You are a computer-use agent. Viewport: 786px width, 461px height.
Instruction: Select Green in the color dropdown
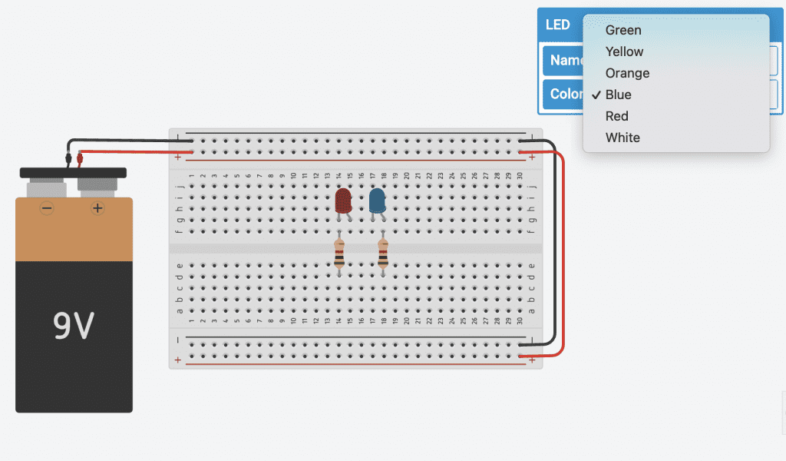coord(623,30)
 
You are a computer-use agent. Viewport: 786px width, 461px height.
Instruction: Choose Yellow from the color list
coord(624,51)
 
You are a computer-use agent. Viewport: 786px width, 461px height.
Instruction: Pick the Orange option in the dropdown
coord(627,73)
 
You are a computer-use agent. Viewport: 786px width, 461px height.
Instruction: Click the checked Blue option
coord(618,95)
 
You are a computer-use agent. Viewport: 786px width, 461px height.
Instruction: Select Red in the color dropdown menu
coord(616,116)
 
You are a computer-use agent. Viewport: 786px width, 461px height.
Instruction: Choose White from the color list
coord(622,138)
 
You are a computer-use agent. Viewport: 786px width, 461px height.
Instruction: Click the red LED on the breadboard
coord(343,201)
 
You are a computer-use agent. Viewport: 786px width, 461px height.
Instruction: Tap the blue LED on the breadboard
coord(377,201)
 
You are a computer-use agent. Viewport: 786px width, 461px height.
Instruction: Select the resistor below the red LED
coord(339,254)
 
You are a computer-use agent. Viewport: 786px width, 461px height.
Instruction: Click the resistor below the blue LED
coord(383,254)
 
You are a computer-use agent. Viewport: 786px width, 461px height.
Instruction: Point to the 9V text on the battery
coord(74,327)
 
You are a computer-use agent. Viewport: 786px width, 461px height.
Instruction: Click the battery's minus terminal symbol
coord(47,208)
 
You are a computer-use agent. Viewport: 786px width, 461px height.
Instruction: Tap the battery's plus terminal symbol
coord(97,208)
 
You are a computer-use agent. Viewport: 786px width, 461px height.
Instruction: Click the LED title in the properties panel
coord(558,25)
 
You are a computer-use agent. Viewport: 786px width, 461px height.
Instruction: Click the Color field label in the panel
coord(565,94)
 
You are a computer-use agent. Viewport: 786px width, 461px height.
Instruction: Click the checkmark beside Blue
coord(596,95)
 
